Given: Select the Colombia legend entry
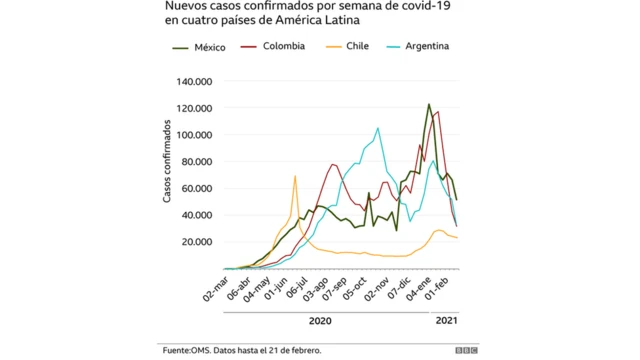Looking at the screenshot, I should tap(282, 47).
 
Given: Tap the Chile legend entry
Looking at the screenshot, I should tap(357, 47).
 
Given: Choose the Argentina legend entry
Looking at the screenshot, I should tap(426, 47).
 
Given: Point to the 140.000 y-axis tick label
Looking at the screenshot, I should tap(198, 82).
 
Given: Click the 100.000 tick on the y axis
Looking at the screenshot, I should tap(198, 135).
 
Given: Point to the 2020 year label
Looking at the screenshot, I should tap(320, 321).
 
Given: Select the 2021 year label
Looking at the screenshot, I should tap(446, 321).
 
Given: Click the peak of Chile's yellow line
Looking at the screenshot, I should tap(295, 177).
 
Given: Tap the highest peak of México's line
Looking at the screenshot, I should tap(429, 104).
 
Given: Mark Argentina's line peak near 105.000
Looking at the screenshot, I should tap(377, 128).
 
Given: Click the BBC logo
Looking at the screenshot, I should tap(466, 351).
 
